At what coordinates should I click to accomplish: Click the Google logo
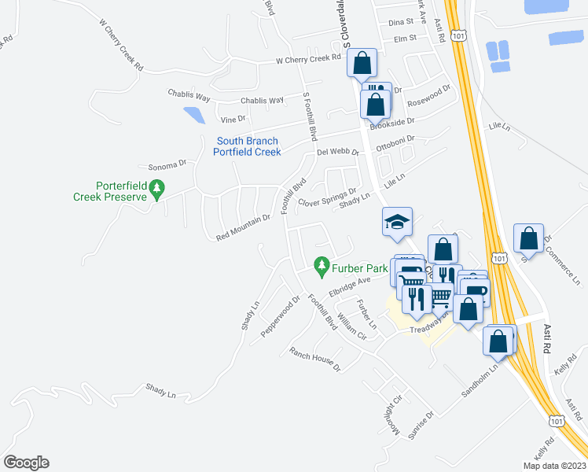click(26, 463)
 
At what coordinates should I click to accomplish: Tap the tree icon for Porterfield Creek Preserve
click(158, 189)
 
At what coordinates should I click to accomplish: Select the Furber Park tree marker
click(321, 267)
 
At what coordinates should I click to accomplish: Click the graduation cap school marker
click(397, 223)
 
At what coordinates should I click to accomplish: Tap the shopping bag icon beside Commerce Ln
click(529, 239)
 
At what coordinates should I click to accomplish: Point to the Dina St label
click(400, 24)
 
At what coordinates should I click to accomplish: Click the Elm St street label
click(404, 38)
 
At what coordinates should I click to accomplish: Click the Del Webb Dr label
click(337, 152)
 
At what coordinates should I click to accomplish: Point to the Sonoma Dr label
click(166, 166)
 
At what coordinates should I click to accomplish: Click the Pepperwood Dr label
click(281, 315)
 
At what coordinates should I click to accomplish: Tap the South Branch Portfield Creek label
click(248, 146)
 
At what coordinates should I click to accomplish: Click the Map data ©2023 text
click(554, 466)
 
